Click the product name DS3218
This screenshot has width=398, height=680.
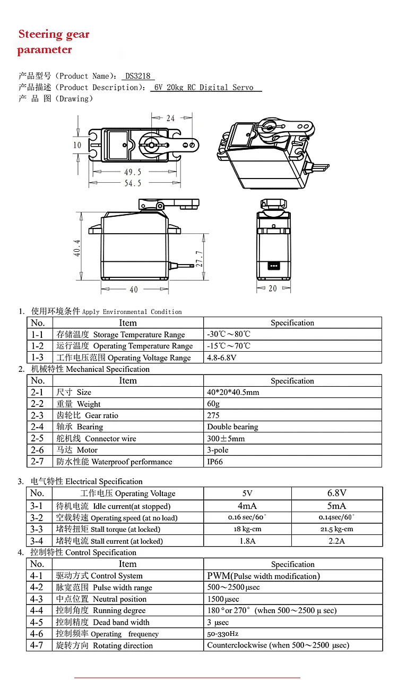coord(138,76)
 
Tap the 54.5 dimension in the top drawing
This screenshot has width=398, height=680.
coord(133,183)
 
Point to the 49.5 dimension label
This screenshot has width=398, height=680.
coord(133,172)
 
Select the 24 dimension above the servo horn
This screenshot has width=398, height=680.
coord(170,118)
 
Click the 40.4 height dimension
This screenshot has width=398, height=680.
coord(77,247)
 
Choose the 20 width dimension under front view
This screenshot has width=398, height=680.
coord(272,288)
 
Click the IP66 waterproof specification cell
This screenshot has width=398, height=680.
coord(215,462)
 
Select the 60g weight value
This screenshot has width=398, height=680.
coord(213,404)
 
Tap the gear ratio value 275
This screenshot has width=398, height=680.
coord(213,415)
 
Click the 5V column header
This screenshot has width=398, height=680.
coord(247,493)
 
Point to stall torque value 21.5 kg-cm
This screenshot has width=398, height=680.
coord(336,529)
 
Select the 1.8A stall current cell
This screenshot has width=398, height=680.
coord(247,541)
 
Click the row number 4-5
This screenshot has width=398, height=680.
coord(37,622)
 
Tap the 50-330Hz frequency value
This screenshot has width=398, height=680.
coord(223,634)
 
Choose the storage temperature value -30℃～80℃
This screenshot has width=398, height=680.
coord(229,334)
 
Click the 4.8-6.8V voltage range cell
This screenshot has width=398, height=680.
coord(222,358)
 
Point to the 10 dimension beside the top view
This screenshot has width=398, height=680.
coord(77,145)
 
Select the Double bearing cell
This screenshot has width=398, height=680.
coord(232,427)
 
